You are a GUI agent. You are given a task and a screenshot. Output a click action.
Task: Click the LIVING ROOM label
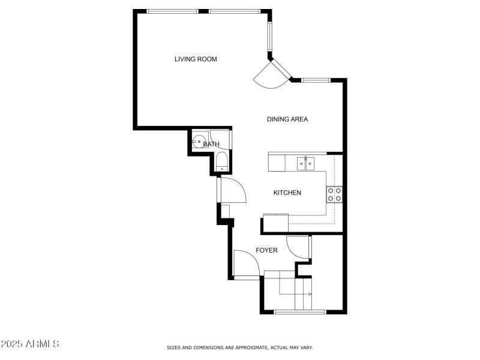point(196,59)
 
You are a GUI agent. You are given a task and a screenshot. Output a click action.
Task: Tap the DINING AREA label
point(287,119)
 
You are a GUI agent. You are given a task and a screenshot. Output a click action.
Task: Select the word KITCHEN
point(287,193)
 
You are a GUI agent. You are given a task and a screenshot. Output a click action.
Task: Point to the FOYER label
point(266,250)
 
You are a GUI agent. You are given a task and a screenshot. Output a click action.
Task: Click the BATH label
point(211,144)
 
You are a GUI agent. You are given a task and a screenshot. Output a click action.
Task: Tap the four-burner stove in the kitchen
point(334,194)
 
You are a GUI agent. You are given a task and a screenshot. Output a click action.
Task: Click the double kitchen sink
point(306,163)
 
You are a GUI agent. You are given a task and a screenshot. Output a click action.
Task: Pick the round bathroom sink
point(199,143)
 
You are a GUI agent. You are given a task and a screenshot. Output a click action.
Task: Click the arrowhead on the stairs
point(310,294)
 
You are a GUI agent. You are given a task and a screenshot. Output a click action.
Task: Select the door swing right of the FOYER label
point(298,247)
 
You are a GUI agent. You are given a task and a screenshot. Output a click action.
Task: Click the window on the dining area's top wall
point(316,80)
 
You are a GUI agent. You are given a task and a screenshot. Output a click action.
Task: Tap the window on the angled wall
point(270,37)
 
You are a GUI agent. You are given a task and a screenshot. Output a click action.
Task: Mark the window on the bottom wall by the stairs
point(300,311)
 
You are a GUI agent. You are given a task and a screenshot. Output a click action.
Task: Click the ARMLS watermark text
point(30,344)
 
